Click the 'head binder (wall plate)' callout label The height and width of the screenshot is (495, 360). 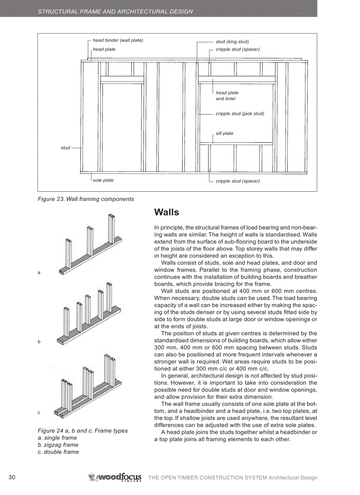(118, 41)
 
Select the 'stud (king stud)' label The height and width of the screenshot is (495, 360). (232, 42)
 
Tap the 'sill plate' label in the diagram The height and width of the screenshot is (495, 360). (225, 134)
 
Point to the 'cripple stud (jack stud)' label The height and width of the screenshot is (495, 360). (240, 114)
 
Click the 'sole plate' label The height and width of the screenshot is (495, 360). (103, 180)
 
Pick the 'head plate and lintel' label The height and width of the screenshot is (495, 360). (227, 96)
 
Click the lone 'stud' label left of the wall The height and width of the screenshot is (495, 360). (65, 148)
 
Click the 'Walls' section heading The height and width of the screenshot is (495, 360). (167, 212)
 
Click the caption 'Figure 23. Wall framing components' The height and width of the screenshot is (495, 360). (86, 199)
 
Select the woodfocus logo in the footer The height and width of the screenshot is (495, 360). (115, 477)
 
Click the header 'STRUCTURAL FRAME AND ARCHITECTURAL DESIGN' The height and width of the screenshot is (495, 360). (115, 11)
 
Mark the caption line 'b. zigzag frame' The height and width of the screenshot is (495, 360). (58, 445)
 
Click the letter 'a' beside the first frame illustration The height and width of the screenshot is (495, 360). (39, 273)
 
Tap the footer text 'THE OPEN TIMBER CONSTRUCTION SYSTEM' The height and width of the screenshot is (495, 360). (208, 478)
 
